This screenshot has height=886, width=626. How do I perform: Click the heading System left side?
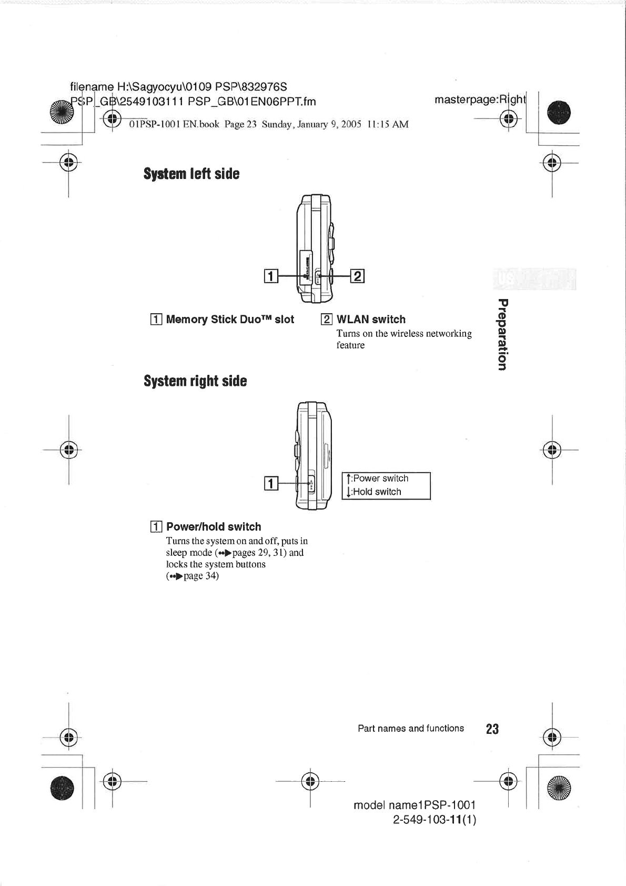(191, 174)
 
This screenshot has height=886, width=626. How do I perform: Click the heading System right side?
(195, 381)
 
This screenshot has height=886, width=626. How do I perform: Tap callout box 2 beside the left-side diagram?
(357, 275)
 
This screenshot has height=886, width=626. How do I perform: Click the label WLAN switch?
(371, 319)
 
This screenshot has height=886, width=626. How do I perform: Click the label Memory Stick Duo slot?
(230, 319)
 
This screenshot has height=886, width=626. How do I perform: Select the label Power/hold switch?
(214, 526)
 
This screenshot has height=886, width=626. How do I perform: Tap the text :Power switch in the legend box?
(380, 478)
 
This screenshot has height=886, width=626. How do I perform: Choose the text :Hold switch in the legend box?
(376, 492)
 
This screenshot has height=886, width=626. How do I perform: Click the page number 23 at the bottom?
(492, 729)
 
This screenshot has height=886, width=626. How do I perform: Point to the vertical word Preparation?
(502, 334)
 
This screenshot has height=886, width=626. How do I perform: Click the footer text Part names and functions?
(410, 728)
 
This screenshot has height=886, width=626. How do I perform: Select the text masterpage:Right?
(480, 99)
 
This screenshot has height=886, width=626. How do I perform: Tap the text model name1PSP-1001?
(415, 805)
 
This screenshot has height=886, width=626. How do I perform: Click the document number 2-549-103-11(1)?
(435, 820)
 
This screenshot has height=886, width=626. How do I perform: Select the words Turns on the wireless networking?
(404, 333)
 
